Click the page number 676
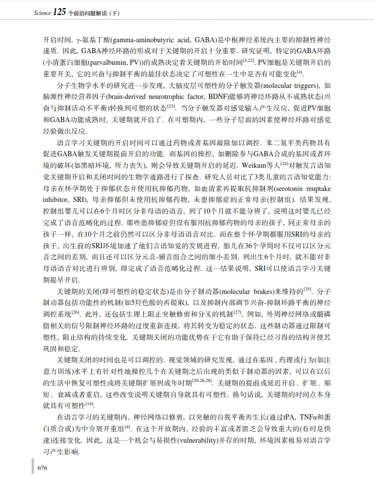click(x=42, y=468)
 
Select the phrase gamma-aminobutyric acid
click(x=151, y=41)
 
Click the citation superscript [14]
click(x=89, y=403)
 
